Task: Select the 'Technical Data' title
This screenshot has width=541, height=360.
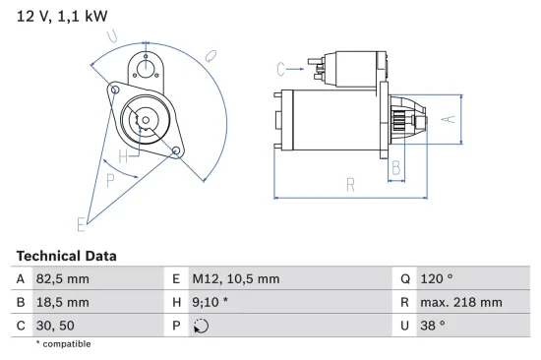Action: [x=66, y=256]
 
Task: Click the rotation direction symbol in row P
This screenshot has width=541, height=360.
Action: [x=203, y=326]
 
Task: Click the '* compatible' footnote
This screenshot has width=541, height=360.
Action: [x=63, y=344]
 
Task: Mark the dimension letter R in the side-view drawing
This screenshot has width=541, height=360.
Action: [x=350, y=183]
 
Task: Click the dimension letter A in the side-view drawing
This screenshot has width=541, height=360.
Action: [x=447, y=119]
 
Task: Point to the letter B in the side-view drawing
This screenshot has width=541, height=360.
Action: [x=396, y=168]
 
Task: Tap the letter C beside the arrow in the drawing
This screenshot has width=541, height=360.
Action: [x=281, y=69]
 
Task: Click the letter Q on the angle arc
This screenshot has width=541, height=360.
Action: [x=211, y=58]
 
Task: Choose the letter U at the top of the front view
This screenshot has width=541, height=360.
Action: [x=113, y=37]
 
